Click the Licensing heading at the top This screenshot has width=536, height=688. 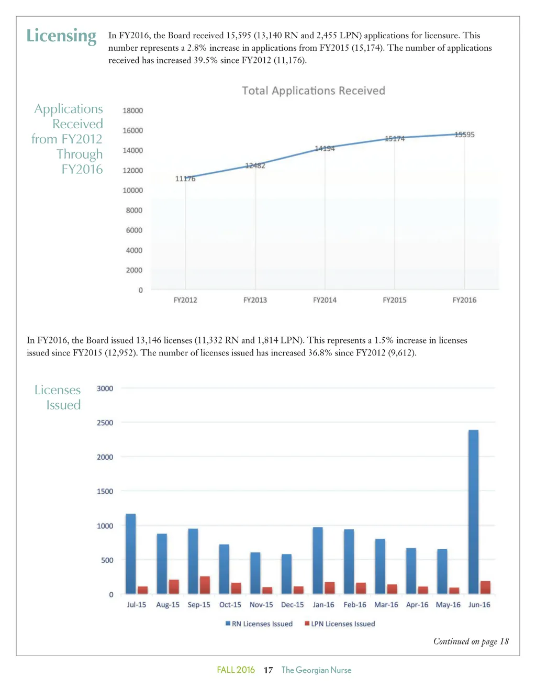(61, 36)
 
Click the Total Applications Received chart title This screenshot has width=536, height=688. (313, 91)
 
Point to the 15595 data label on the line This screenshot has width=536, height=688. (464, 135)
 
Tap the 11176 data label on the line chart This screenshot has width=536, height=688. (185, 179)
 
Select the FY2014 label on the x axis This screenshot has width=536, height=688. (325, 300)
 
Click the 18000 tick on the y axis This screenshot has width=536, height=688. (132, 110)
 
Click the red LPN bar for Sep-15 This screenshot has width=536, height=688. (205, 585)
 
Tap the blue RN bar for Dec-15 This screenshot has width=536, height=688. (286, 574)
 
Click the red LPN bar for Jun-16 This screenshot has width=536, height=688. (485, 587)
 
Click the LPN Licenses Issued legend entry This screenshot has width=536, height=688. (340, 624)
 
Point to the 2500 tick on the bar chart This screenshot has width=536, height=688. (105, 423)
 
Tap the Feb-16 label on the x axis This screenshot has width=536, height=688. (355, 605)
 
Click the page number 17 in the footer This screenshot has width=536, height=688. (268, 670)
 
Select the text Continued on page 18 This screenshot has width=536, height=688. (471, 641)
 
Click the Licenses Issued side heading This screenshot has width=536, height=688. (58, 397)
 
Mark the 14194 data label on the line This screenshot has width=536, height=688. (325, 149)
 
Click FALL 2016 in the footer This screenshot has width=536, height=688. (236, 670)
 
